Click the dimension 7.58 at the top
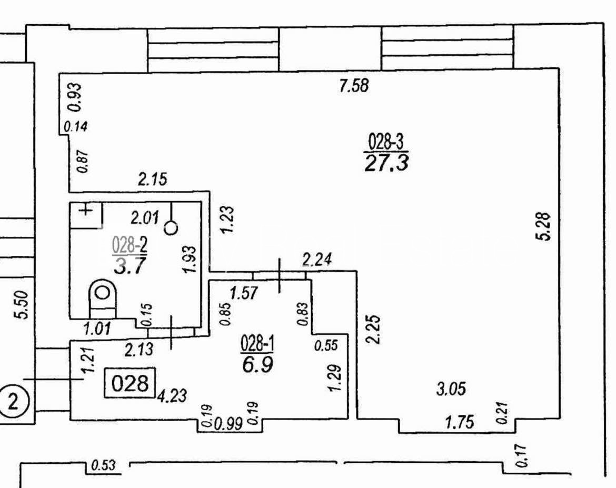click(x=354, y=86)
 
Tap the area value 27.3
click(x=386, y=163)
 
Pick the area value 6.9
click(x=258, y=364)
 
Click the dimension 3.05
click(x=451, y=389)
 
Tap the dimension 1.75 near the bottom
click(x=460, y=422)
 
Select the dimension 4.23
click(x=171, y=395)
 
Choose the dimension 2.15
click(x=152, y=180)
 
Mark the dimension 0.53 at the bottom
click(x=103, y=465)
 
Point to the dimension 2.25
click(x=373, y=330)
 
